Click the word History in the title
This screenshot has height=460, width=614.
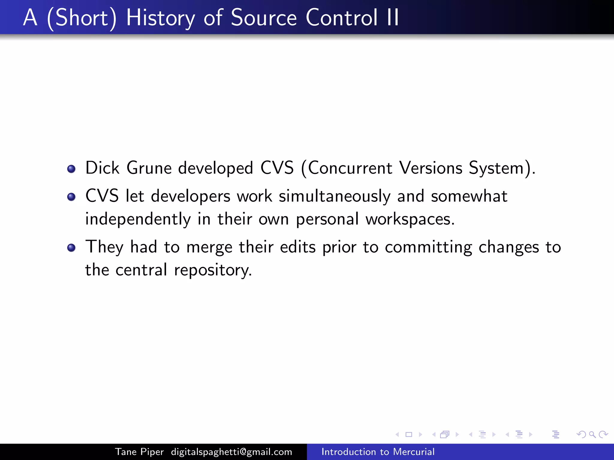coord(160,18)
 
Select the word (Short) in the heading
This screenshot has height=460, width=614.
coord(82,18)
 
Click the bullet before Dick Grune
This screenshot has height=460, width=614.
coord(71,169)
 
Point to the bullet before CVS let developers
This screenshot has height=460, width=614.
coord(71,197)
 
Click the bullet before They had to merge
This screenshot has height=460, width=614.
coord(71,248)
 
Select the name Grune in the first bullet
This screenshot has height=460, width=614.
coord(149,168)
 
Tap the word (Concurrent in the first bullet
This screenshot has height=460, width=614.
coord(347,168)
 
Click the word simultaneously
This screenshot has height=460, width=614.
coord(335,196)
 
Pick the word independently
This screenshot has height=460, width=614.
coord(138,219)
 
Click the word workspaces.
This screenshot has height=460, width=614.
coord(410,219)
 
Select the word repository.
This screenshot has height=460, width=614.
coord(213,270)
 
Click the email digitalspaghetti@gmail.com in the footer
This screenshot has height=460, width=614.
coord(231,452)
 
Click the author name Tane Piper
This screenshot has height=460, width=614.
coord(139,452)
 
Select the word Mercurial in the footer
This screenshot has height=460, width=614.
coord(414,452)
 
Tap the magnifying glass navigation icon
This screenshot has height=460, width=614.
coord(592,434)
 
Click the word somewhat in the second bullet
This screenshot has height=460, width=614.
coord(469,196)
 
